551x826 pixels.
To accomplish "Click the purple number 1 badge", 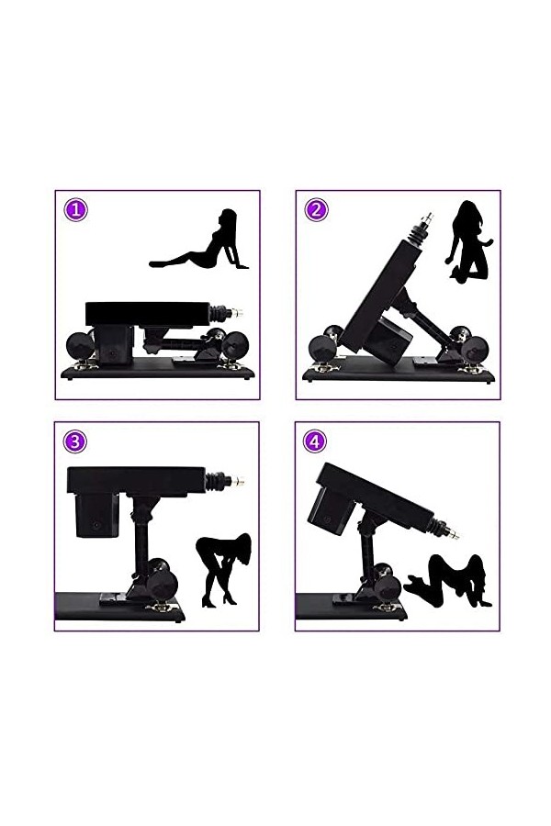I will point(75,210).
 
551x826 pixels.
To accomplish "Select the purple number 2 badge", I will point(316,209).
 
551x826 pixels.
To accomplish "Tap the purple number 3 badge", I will point(75,441).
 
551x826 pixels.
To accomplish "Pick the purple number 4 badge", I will point(316,441).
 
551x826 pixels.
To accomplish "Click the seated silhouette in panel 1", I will point(202,243).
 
